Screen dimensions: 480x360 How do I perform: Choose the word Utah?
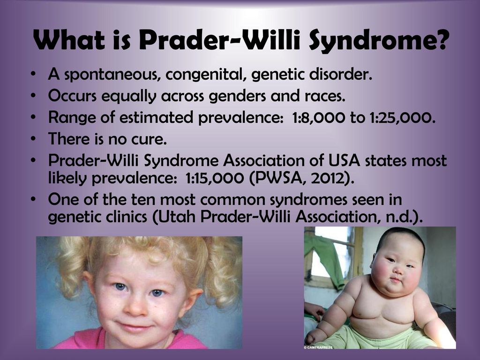[x=177, y=217]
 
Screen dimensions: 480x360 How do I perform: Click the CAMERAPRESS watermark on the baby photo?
[x=319, y=347]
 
